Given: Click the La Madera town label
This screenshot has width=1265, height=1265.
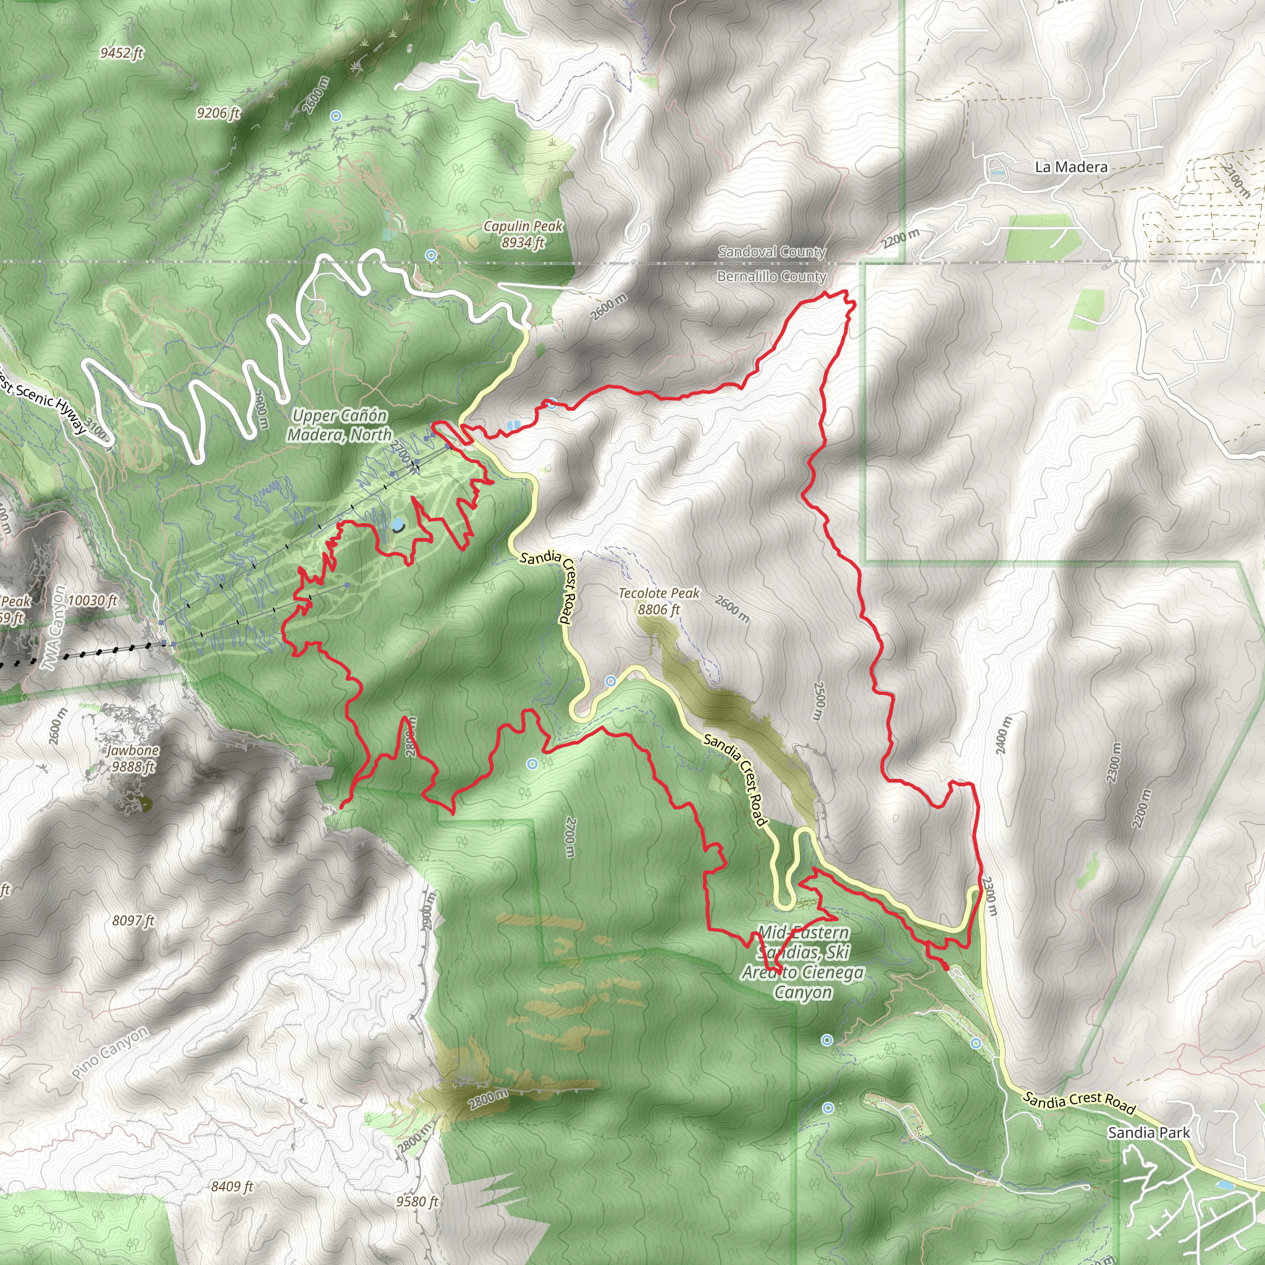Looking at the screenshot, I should tap(1070, 167).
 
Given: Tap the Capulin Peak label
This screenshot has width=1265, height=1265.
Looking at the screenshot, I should tap(523, 234).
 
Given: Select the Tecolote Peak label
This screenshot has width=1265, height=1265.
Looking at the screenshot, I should tap(658, 601).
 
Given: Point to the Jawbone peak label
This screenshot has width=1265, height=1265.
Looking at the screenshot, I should tap(133, 759).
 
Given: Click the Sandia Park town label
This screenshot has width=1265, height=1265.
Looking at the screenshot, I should tap(1148, 1133).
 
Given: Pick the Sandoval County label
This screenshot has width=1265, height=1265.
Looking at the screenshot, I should tap(771, 251).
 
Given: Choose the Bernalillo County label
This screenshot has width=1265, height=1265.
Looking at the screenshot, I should tap(771, 276).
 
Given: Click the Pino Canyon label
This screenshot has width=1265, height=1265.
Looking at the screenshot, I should tap(110, 1053).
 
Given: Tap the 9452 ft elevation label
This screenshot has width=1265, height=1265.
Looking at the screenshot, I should tap(121, 53).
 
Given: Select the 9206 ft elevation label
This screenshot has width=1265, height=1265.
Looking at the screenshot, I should tap(218, 112).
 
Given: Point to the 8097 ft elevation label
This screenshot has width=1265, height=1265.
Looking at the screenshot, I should tap(133, 920).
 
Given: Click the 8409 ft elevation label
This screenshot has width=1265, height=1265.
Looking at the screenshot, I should tap(232, 1187).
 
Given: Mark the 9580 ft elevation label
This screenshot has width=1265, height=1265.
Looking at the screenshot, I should tap(416, 1201).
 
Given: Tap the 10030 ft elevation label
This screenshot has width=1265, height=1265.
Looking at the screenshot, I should tap(92, 600).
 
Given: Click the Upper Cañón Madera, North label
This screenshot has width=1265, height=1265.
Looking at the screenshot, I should tap(339, 425).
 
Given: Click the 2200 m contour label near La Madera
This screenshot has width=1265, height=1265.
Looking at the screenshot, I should tap(901, 239).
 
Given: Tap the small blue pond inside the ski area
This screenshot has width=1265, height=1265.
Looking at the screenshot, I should tap(397, 524).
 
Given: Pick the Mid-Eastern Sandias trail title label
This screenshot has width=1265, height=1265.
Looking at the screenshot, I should tap(803, 962).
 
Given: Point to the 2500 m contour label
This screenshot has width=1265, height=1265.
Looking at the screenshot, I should tap(819, 700).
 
